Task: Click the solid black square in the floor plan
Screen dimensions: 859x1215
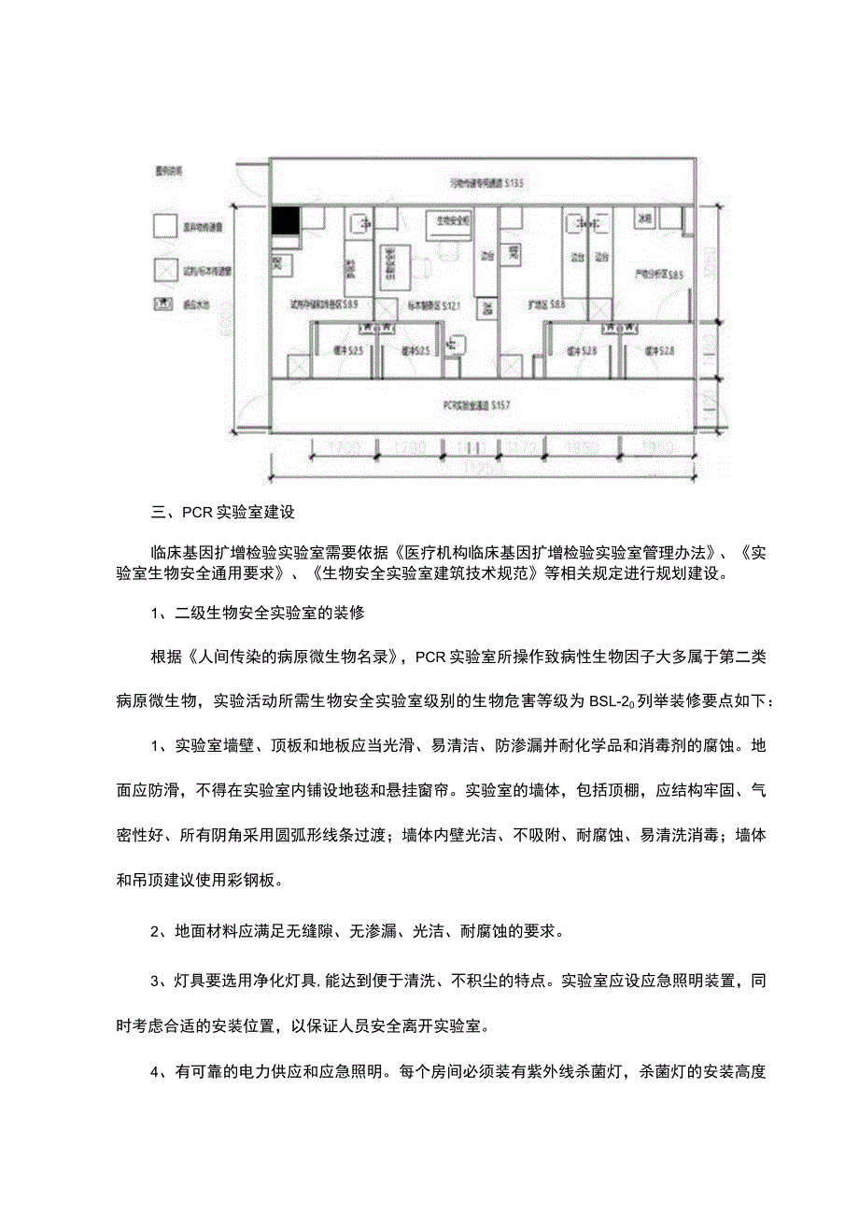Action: [x=286, y=222]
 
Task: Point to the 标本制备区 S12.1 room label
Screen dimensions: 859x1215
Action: [x=434, y=304]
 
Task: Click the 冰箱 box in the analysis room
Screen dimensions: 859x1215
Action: [x=644, y=218]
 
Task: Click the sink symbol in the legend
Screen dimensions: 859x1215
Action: [x=164, y=304]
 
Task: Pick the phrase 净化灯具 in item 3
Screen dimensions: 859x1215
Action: [x=282, y=982]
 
